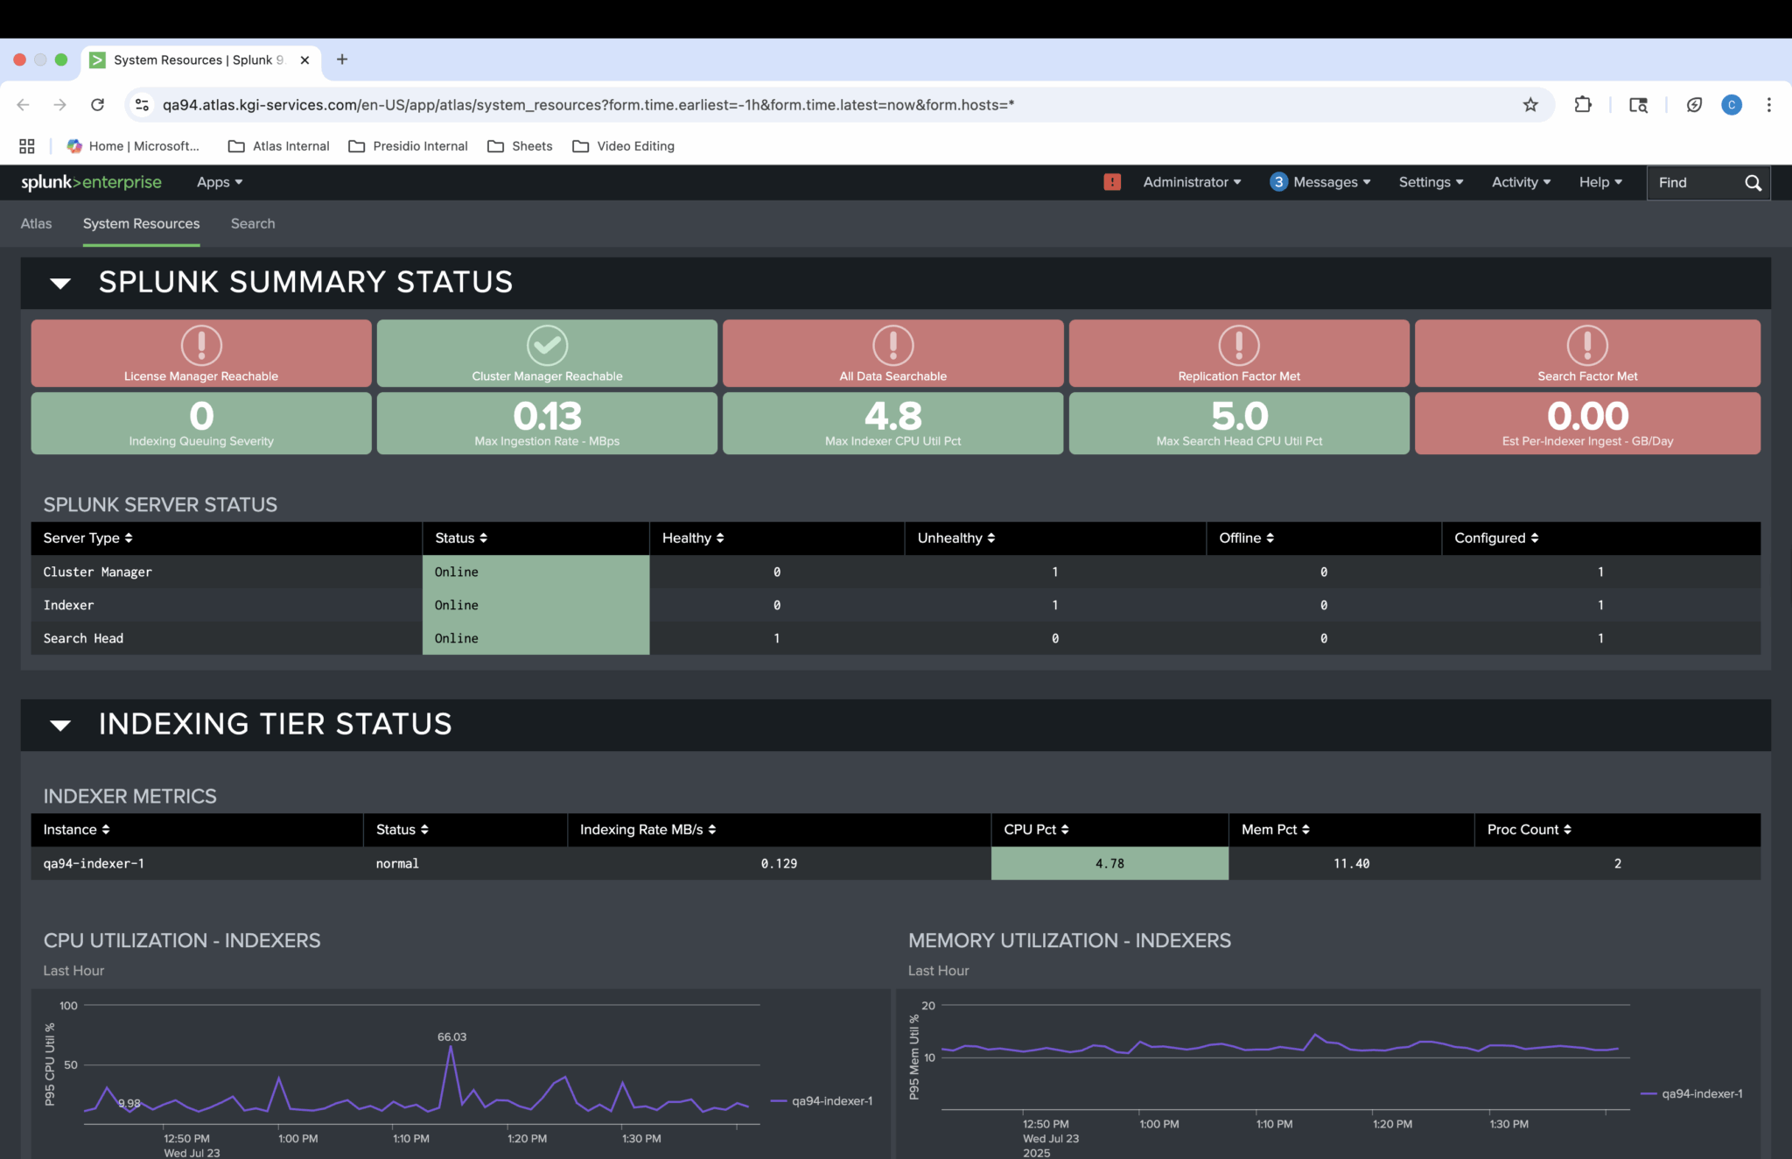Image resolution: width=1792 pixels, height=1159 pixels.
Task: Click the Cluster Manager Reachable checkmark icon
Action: [547, 345]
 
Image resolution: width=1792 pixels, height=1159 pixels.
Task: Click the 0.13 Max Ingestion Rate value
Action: [547, 416]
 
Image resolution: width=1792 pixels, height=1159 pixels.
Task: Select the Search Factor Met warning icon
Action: [1587, 345]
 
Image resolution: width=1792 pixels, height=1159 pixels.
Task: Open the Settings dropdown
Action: [1430, 182]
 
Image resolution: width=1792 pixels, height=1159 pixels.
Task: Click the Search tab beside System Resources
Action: [253, 223]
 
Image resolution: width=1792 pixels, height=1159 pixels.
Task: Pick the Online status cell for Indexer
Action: [535, 605]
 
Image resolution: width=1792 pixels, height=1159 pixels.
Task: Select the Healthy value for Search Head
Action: [776, 638]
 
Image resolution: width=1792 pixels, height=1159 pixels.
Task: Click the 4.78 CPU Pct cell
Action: [1109, 863]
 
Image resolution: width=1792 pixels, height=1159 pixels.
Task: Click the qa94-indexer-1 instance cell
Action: [94, 863]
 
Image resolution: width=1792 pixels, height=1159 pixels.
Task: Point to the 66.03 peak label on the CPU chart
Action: [451, 1036]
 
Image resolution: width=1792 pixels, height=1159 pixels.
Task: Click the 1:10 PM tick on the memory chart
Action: [1274, 1123]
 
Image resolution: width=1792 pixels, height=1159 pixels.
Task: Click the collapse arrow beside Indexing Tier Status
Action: [60, 725]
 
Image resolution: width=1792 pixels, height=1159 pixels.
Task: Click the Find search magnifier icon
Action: [1753, 182]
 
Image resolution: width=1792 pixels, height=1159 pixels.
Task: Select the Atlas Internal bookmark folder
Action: [279, 146]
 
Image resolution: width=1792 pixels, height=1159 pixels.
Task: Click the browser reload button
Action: [97, 105]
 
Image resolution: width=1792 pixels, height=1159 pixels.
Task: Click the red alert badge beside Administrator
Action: [1112, 182]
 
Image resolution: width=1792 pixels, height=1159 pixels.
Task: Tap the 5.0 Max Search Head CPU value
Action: [1239, 416]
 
